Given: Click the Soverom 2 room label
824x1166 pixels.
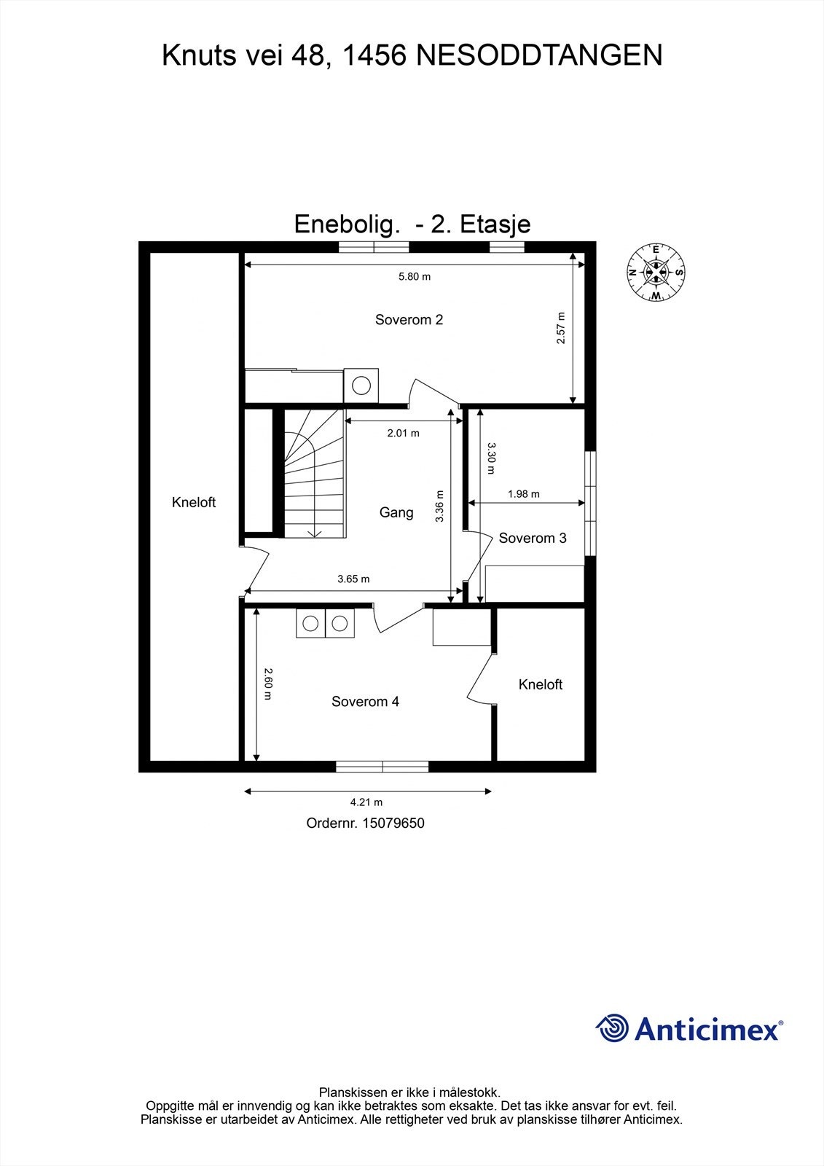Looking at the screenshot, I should pyautogui.click(x=409, y=319).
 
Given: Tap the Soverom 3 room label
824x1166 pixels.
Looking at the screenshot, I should pyautogui.click(x=533, y=538).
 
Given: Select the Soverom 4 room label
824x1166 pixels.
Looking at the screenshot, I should pyautogui.click(x=365, y=701).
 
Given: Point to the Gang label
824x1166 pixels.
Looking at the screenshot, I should pyautogui.click(x=396, y=512).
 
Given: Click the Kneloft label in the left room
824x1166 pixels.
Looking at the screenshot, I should pyautogui.click(x=194, y=502).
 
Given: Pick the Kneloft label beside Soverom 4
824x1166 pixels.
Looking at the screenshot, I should pyautogui.click(x=541, y=684).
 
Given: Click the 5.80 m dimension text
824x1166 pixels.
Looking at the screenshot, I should pyautogui.click(x=414, y=276).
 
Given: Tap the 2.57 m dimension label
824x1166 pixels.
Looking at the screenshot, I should pyautogui.click(x=560, y=328).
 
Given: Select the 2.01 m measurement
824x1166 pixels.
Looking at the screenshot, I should pyautogui.click(x=403, y=433).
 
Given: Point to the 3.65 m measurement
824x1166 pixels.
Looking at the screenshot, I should pyautogui.click(x=353, y=579).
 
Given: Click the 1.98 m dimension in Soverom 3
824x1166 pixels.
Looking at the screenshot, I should pyautogui.click(x=523, y=494).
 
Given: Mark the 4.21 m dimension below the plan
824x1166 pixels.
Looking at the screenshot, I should pyautogui.click(x=366, y=802).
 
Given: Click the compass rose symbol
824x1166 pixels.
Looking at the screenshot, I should pyautogui.click(x=656, y=273).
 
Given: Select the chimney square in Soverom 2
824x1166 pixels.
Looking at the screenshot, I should pyautogui.click(x=361, y=385).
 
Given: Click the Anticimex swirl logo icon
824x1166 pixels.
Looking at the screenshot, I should pyautogui.click(x=612, y=1028).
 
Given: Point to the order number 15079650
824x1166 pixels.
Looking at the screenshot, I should pyautogui.click(x=393, y=823).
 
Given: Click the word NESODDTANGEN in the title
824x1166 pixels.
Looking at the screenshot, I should pyautogui.click(x=539, y=55).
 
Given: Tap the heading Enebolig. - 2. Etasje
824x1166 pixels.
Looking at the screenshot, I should pyautogui.click(x=412, y=224).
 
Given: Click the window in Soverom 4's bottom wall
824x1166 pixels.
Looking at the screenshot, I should pyautogui.click(x=382, y=766).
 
